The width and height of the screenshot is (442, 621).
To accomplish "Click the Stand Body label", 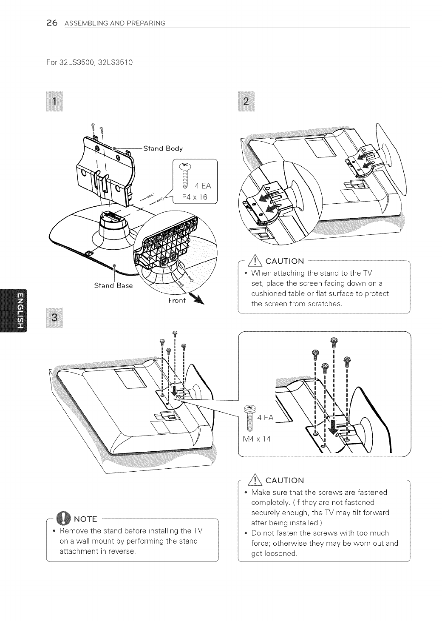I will click(163, 148).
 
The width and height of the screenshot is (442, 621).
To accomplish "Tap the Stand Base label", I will click(113, 285).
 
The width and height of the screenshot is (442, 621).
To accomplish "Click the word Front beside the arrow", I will click(177, 300).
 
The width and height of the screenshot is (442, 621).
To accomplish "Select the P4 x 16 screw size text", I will click(193, 197).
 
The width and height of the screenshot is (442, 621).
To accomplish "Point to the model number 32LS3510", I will click(116, 63).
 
